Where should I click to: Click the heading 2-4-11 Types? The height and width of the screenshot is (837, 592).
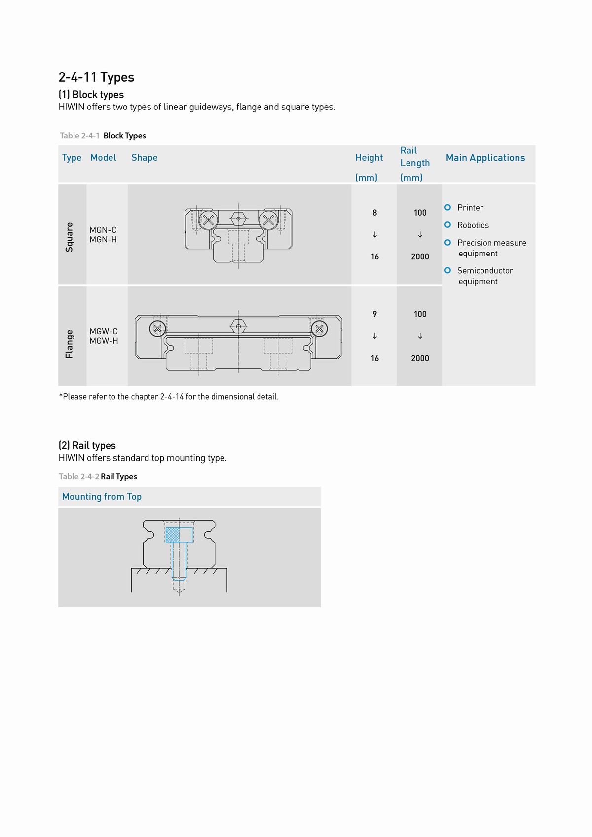96,77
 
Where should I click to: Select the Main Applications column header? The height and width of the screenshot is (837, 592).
485,158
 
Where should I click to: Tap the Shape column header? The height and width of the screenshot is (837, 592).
144,158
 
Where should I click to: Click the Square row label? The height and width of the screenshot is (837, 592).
70,237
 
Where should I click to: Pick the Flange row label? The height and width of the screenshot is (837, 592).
70,344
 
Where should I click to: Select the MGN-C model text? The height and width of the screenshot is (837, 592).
103,230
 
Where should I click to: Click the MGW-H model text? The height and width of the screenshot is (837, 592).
104,341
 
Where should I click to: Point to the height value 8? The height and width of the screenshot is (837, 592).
375,213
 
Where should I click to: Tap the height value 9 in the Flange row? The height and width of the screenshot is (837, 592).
375,314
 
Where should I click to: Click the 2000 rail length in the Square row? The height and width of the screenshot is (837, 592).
420,256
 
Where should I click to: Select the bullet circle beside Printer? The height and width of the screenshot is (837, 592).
447,207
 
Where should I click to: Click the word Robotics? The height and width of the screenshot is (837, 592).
473,225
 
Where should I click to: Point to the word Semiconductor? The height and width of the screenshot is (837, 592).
484,271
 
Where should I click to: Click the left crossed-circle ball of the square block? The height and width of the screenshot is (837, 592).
208,220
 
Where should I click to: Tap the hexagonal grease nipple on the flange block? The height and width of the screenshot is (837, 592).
238,326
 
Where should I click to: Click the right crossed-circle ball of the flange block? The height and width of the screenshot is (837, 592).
319,328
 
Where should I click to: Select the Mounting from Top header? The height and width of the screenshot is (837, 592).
102,497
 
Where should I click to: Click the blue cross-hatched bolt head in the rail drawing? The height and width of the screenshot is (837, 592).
172,535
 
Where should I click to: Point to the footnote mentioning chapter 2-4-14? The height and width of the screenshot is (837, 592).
169,397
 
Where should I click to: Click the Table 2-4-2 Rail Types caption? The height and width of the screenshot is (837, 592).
98,477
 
